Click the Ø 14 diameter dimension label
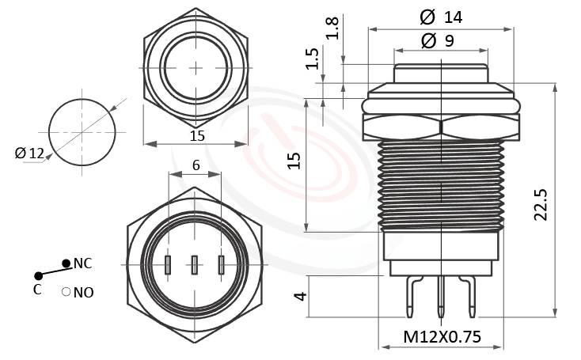[x=440, y=16]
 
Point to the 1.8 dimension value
[x=333, y=28]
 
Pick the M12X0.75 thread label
[x=442, y=336]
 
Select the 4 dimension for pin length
[x=299, y=297]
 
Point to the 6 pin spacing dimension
[x=194, y=165]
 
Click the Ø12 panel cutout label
[x=29, y=153]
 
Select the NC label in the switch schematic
[x=83, y=263]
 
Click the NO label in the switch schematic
[x=83, y=293]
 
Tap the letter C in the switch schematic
[x=37, y=289]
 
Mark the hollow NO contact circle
[x=66, y=292]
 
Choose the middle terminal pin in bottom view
[x=194, y=265]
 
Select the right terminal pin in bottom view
[x=221, y=265]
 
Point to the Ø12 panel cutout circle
[x=82, y=131]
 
